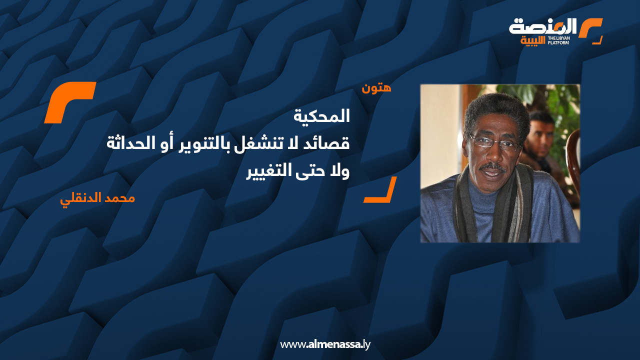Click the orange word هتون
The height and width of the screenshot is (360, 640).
pyautogui.click(x=376, y=88)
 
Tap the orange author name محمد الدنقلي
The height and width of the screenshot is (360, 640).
pyautogui.click(x=97, y=197)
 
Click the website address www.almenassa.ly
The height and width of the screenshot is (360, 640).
pyautogui.click(x=325, y=344)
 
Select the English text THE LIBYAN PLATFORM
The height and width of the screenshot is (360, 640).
pyautogui.click(x=558, y=40)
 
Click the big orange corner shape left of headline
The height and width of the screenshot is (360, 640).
pyautogui.click(x=70, y=102)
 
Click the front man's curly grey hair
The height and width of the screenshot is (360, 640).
pyautogui.click(x=495, y=107)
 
